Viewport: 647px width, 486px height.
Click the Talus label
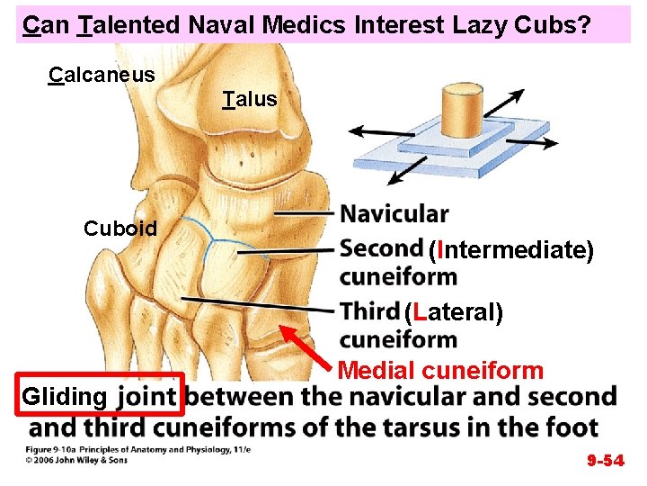pyautogui.click(x=251, y=98)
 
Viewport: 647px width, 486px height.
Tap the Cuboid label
pyautogui.click(x=120, y=228)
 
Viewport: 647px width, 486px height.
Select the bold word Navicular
pyautogui.click(x=394, y=214)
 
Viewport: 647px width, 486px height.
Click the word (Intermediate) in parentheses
pyautogui.click(x=510, y=249)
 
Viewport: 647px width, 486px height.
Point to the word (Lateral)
pyautogui.click(x=453, y=312)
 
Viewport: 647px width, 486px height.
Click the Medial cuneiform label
pyautogui.click(x=441, y=370)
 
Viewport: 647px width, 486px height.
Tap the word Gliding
pyautogui.click(x=64, y=396)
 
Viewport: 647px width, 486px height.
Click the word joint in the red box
pyautogui.click(x=147, y=396)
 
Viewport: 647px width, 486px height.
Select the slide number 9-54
pyautogui.click(x=606, y=461)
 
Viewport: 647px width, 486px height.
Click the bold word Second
pyautogui.click(x=382, y=247)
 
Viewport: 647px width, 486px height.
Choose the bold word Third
pyautogui.click(x=369, y=311)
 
